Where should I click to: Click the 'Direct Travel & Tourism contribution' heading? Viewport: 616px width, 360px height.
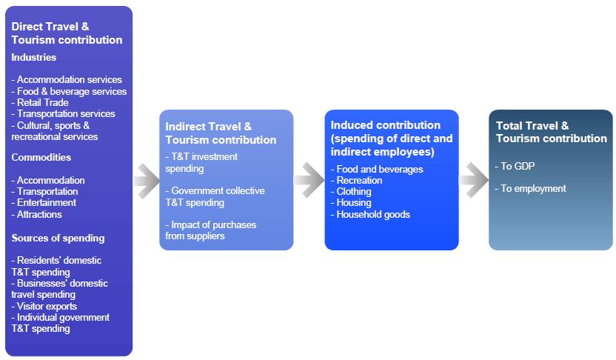click(x=67, y=33)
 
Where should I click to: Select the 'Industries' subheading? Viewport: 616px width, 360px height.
click(x=34, y=57)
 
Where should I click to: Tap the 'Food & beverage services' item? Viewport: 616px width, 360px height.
click(x=69, y=91)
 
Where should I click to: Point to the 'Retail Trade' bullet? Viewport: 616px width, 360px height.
click(x=40, y=102)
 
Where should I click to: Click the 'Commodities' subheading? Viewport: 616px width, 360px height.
click(x=41, y=157)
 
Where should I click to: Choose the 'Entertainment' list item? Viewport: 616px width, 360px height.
click(x=44, y=202)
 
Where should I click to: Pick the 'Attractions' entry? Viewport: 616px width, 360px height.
click(x=37, y=214)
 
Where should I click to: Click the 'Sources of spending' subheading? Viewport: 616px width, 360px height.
click(x=58, y=238)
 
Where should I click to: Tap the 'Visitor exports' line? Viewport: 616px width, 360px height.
click(x=44, y=306)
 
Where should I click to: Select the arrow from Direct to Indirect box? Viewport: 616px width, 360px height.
click(x=147, y=180)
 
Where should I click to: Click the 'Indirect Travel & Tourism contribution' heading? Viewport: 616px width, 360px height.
click(x=221, y=133)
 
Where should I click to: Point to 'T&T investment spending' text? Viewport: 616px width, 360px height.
click(x=201, y=162)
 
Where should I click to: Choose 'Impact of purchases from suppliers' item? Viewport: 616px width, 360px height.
click(x=211, y=230)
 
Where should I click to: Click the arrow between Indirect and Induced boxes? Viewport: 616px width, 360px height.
click(x=309, y=180)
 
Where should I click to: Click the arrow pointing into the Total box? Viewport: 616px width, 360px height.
click(x=473, y=180)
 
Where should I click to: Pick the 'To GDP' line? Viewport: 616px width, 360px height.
click(x=516, y=166)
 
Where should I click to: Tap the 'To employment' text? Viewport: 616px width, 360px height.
click(x=531, y=188)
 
